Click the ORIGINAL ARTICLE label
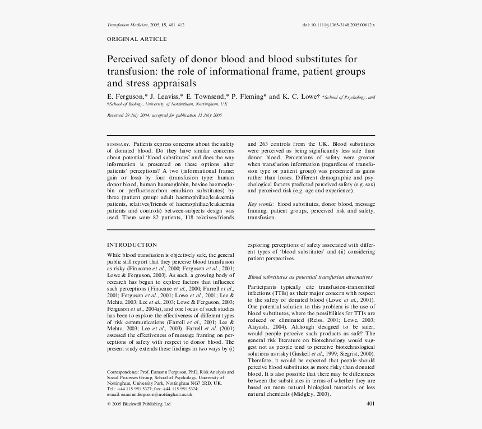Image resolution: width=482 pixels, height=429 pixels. [137, 39]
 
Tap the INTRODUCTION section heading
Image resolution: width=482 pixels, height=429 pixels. [132, 245]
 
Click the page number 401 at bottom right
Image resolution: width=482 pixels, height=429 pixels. [370, 404]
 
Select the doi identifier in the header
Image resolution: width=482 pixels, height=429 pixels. [339, 25]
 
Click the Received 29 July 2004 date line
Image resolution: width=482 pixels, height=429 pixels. [165, 115]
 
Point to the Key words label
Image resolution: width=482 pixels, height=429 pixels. [261, 204]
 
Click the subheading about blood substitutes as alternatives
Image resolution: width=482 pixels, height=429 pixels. [310, 277]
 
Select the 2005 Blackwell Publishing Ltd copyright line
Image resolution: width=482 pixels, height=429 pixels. [138, 404]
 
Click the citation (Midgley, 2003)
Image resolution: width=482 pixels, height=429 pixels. [311, 394]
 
